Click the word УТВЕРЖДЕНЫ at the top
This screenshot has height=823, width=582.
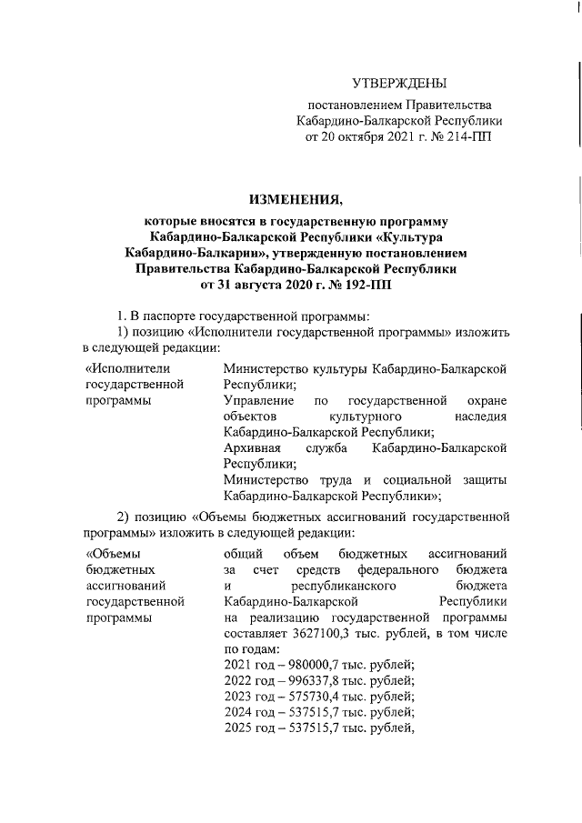399,84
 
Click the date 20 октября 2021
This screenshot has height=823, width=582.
366,135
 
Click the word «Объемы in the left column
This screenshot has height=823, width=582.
115,553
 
